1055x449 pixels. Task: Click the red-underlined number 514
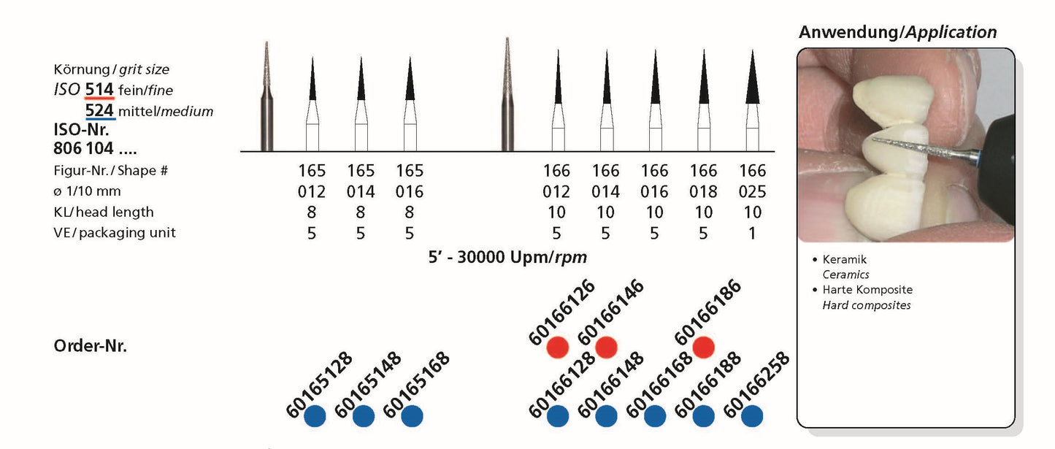click(99, 90)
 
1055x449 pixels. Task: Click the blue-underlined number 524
click(99, 111)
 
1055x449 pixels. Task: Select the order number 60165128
click(319, 385)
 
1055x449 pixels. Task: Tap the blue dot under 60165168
click(412, 416)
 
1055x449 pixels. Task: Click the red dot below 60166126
click(558, 348)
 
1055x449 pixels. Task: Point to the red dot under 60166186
click(703, 348)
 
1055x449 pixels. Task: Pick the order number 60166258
click(756, 385)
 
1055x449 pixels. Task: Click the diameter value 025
click(752, 191)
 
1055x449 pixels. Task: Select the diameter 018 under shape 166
click(703, 191)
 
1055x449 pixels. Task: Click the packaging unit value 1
click(752, 233)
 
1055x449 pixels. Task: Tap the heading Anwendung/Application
click(897, 32)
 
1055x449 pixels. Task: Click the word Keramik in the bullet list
click(844, 260)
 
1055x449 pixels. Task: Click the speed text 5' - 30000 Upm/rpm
click(507, 258)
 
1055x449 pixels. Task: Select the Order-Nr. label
click(91, 346)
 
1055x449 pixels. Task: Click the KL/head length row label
click(104, 212)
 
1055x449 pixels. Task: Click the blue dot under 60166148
click(606, 416)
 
